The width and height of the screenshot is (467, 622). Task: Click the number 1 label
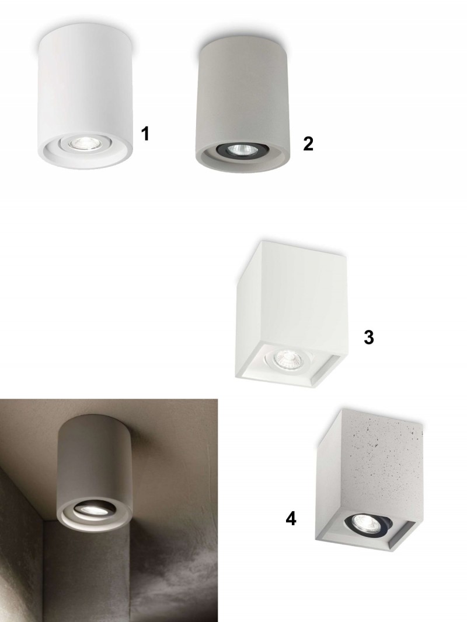coord(145,133)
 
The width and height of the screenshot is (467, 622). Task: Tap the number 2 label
coord(308,143)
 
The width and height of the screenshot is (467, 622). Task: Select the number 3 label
coord(368,337)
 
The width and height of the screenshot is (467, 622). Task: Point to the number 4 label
coord(291,518)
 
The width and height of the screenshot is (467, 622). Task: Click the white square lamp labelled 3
coord(289,314)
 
